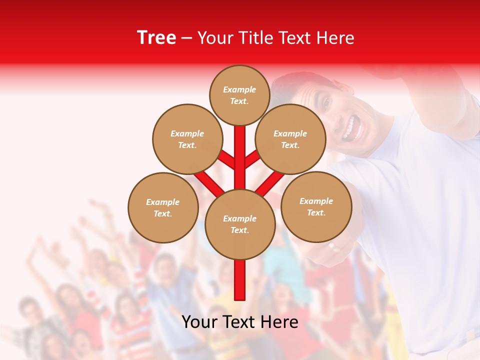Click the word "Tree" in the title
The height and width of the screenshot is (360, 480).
pyautogui.click(x=156, y=38)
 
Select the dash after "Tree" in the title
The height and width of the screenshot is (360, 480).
pyautogui.click(x=186, y=38)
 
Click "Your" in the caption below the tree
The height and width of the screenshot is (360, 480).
pyautogui.click(x=199, y=322)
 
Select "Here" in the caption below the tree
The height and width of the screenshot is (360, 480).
pyautogui.click(x=279, y=322)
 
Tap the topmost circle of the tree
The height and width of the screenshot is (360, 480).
pyautogui.click(x=239, y=95)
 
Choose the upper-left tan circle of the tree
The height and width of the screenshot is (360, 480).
pyautogui.click(x=187, y=139)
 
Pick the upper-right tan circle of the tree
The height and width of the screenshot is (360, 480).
pyautogui.click(x=290, y=139)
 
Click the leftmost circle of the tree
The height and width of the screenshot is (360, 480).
pyautogui.click(x=163, y=207)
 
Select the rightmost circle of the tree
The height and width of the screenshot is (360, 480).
pyautogui.click(x=316, y=206)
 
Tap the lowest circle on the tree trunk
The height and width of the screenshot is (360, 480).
pyautogui.click(x=240, y=224)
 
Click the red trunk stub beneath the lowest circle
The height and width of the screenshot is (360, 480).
pyautogui.click(x=240, y=280)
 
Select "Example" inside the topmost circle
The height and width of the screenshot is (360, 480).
pyautogui.click(x=239, y=89)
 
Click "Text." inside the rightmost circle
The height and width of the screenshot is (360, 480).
pyautogui.click(x=316, y=212)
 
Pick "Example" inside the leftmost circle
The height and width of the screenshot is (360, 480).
pyautogui.click(x=163, y=202)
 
